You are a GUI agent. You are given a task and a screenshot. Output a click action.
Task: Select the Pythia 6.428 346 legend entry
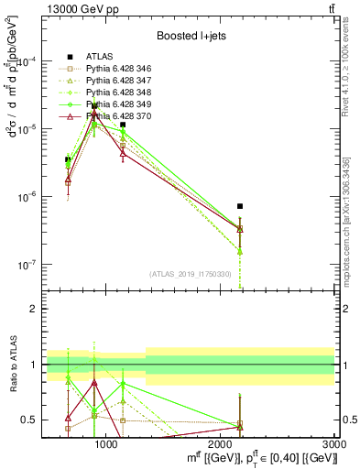[x=120, y=69]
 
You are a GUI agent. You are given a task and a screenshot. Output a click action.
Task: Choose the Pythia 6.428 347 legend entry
[x=120, y=81]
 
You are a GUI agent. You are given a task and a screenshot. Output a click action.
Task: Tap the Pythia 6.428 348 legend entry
[x=120, y=93]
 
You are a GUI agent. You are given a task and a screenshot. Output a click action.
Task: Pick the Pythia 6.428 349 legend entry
[x=120, y=104]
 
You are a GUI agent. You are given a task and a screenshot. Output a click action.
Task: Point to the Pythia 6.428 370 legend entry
[x=120, y=116]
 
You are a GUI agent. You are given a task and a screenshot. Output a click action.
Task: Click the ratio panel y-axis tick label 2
[x=30, y=309]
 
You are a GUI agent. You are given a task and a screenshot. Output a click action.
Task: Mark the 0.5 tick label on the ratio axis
[x=27, y=420]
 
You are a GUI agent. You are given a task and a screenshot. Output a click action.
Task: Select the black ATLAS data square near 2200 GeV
[x=240, y=206]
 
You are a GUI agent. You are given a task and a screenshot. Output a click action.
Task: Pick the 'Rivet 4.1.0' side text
[x=352, y=64]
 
